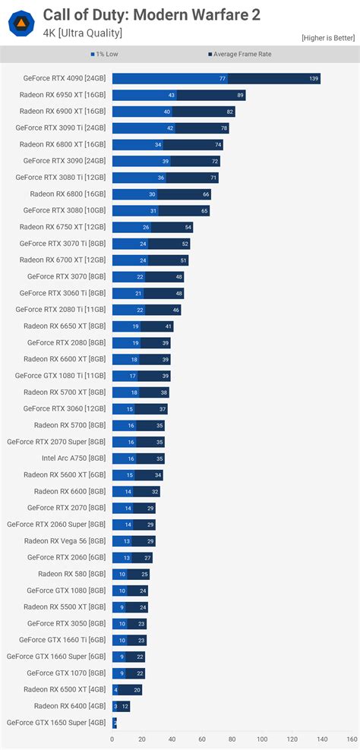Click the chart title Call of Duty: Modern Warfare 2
[x=152, y=15]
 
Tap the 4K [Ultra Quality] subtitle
[x=82, y=33]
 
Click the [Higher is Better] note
[x=328, y=38]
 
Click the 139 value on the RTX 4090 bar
[x=314, y=79]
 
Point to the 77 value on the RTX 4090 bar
[x=223, y=79]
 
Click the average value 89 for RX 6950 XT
[x=240, y=96]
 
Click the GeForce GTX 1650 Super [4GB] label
[x=57, y=722]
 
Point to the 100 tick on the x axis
[x=262, y=739]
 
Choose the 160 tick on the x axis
[x=352, y=739]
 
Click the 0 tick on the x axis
[x=112, y=739]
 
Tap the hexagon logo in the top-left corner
[x=21, y=23]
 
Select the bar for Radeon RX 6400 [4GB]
[x=121, y=706]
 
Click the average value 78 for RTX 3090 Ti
[x=224, y=128]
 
